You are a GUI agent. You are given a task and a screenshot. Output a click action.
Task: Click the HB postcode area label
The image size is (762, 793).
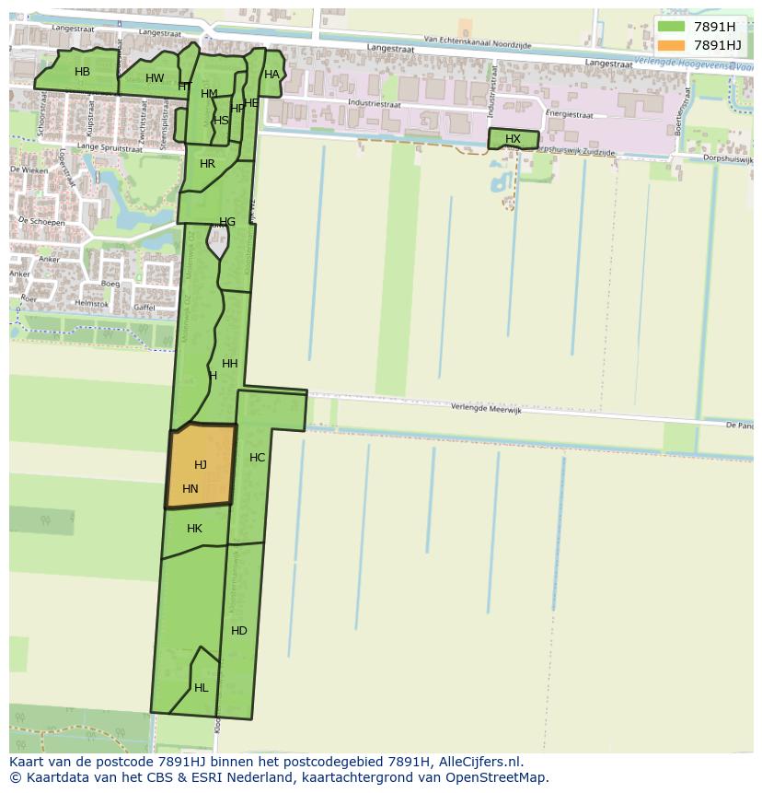(x=82, y=72)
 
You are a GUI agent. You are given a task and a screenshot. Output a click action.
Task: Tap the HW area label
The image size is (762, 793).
(x=155, y=78)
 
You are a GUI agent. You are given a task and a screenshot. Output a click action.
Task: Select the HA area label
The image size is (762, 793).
(x=271, y=75)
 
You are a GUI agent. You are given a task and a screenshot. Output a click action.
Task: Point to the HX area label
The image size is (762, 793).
(x=513, y=139)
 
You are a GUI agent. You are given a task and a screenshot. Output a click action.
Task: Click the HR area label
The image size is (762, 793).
(x=207, y=164)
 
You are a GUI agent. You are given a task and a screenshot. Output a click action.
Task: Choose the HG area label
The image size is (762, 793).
(x=227, y=222)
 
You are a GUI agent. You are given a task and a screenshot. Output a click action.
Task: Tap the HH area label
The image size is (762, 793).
(x=230, y=364)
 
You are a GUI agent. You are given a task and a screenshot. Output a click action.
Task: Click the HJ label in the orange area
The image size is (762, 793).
(x=201, y=465)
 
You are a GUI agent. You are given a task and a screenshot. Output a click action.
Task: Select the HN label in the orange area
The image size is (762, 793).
(x=190, y=489)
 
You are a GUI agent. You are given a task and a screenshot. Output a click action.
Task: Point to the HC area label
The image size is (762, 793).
(x=258, y=458)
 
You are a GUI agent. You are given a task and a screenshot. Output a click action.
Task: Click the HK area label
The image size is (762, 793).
(x=194, y=529)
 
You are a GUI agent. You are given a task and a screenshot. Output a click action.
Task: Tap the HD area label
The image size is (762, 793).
(x=239, y=631)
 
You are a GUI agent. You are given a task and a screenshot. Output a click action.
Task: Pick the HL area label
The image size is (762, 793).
(x=201, y=688)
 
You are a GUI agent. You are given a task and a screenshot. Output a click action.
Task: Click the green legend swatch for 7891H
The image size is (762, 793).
(x=671, y=27)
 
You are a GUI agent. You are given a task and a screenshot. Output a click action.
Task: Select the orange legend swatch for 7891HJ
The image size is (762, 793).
(x=671, y=45)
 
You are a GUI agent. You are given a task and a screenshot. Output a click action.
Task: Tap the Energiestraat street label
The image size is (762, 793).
(x=569, y=115)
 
